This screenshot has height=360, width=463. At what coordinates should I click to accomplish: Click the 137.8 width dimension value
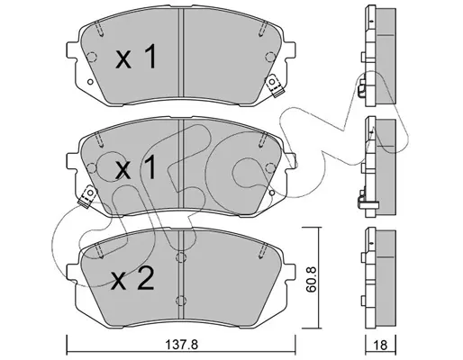click(182, 345)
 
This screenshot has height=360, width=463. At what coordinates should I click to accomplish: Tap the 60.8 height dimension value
click(313, 278)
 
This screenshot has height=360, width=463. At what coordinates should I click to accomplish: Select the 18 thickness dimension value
click(381, 345)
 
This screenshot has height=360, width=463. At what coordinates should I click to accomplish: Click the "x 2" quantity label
click(132, 279)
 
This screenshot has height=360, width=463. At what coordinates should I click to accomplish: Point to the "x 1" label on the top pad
click(136, 57)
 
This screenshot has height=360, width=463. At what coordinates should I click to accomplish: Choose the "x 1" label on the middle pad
click(136, 167)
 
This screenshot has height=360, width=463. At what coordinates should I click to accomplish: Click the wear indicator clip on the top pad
click(274, 85)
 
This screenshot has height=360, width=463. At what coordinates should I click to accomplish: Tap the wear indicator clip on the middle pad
click(87, 196)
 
